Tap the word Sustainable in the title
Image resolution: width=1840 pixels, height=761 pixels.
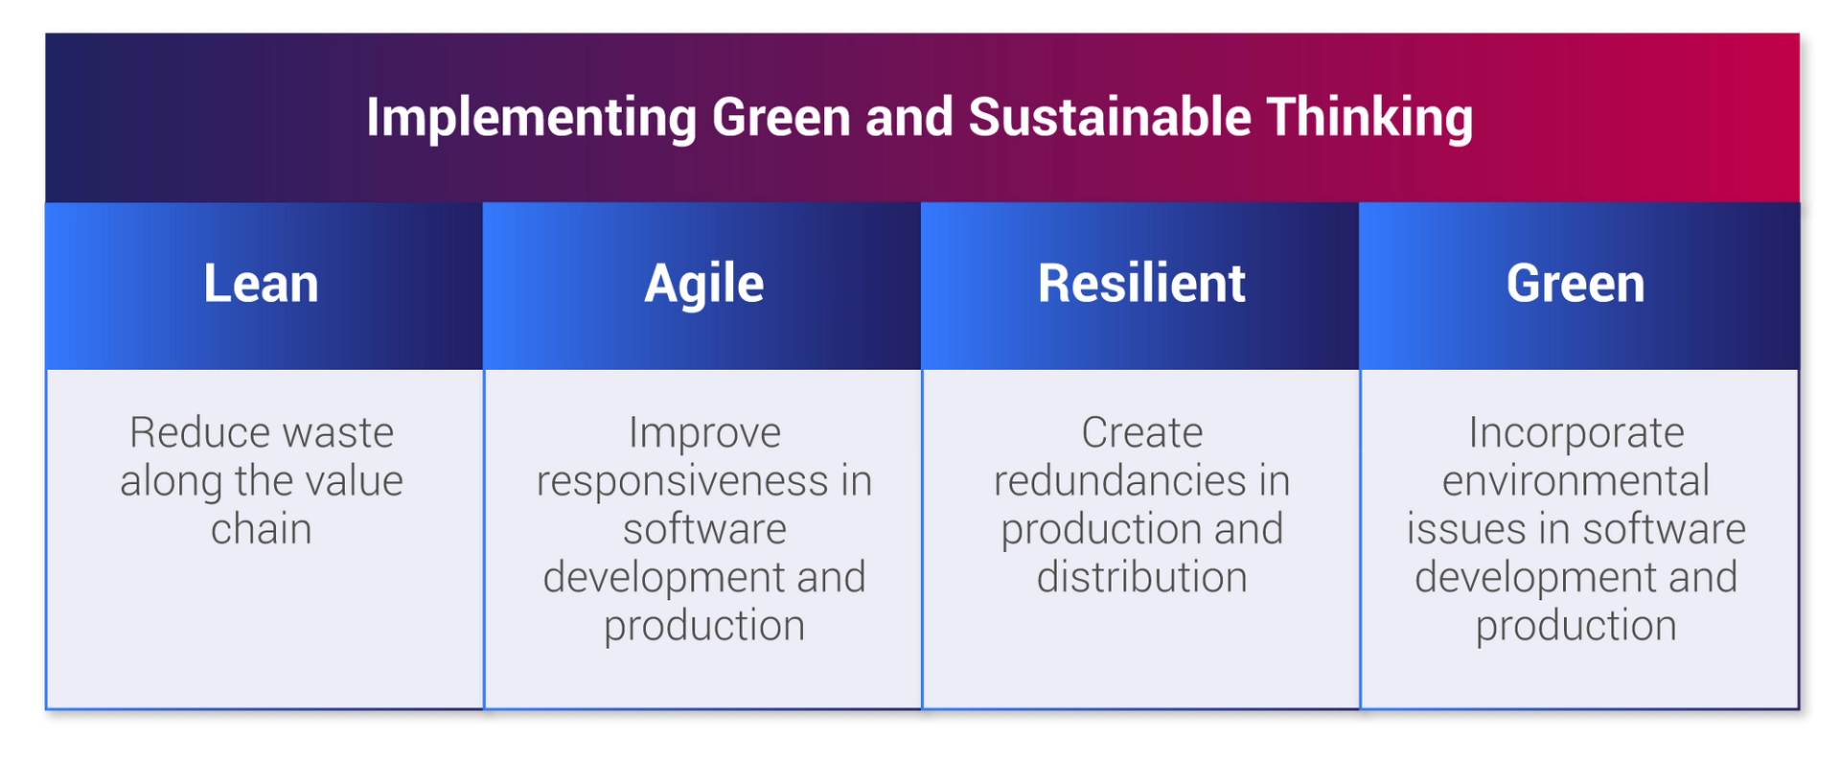pos(1109,117)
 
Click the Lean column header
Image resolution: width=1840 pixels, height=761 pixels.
pos(261,284)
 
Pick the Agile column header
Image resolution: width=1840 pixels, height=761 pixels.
pos(703,285)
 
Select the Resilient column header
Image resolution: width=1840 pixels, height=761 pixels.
pos(1140,284)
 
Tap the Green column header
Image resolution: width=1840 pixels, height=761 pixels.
pos(1575,284)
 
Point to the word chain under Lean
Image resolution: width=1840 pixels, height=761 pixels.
pos(261,529)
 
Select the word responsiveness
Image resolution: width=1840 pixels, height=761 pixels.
pos(681,481)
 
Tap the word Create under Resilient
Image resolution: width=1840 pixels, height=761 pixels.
pos(1141,433)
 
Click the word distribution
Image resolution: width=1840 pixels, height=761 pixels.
pos(1141,578)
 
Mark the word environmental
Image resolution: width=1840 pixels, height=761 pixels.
pos(1575,481)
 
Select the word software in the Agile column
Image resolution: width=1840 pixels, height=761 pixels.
pos(704,529)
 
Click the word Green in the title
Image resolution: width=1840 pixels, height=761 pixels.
pos(780,117)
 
